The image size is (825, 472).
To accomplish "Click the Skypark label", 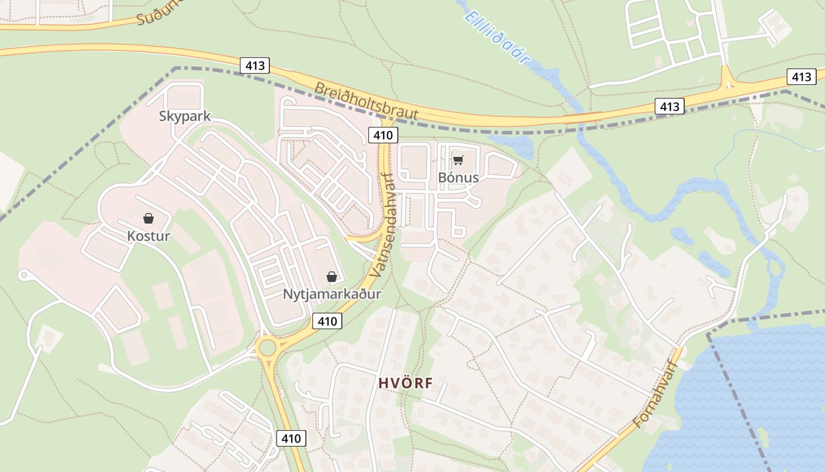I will [x=184, y=116].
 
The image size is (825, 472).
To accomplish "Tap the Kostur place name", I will [x=148, y=237].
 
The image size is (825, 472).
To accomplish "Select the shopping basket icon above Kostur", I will [x=148, y=219].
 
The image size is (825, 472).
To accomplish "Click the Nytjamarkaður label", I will [x=332, y=294].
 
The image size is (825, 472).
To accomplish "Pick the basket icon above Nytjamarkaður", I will [x=332, y=276].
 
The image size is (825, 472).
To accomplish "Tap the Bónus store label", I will [x=458, y=178].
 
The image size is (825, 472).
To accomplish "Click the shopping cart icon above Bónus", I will [x=458, y=160].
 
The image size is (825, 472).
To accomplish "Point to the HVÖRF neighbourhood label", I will [x=405, y=383].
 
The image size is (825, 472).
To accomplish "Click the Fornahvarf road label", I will [x=657, y=395].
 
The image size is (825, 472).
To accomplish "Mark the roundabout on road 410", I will [x=269, y=348].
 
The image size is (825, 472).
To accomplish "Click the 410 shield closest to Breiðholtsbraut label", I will [x=382, y=135].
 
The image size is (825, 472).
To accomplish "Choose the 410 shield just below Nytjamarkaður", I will [x=327, y=321].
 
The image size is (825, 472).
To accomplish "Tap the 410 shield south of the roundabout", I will [x=291, y=438].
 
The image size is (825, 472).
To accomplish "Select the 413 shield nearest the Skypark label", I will [x=255, y=65].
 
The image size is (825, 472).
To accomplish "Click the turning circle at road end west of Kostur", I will [x=24, y=274].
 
